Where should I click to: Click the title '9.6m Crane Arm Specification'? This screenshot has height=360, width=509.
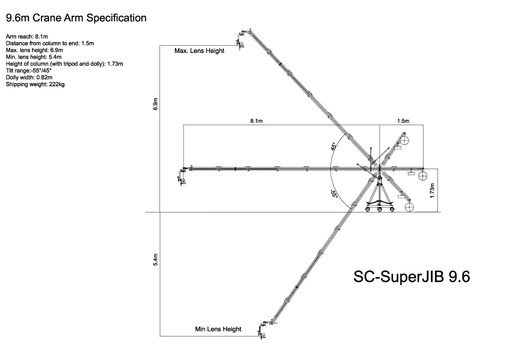(76, 18)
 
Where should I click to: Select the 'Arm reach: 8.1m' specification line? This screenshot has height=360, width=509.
(28, 37)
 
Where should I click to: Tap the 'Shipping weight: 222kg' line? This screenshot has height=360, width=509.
(35, 84)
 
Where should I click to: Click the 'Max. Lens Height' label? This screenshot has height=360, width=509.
(199, 51)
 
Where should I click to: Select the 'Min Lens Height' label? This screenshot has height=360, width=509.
(218, 329)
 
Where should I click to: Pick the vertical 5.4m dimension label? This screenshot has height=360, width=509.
(156, 260)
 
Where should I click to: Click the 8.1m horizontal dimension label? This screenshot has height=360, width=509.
(256, 122)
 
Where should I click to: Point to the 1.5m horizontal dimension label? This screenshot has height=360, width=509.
(403, 122)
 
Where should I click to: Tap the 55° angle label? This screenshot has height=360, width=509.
(333, 194)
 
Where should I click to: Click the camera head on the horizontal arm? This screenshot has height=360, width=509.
(181, 175)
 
